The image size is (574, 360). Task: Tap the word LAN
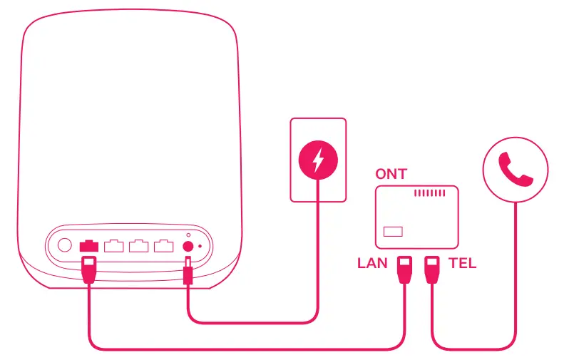point(372,264)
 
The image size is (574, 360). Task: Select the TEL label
point(463,264)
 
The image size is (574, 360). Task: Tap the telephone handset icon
point(516,170)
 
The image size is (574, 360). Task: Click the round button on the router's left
point(64,245)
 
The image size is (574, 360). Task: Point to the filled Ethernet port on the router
point(89,246)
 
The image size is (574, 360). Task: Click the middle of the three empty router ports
point(138,246)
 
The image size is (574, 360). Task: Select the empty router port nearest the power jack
point(163,246)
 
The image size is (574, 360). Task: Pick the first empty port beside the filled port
point(113,246)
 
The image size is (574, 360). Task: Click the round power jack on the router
point(189,246)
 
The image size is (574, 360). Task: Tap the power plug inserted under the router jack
point(188,272)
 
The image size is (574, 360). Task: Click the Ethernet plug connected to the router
point(89,271)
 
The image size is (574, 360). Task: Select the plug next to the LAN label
point(404,269)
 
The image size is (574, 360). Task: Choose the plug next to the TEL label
point(432,269)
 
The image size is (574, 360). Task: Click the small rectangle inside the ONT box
point(393,232)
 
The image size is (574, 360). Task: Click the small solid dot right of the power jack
point(200,246)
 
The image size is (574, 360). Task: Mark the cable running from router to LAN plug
point(242,349)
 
